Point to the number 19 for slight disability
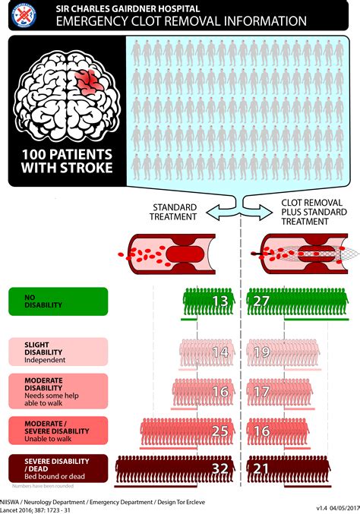click(261, 353)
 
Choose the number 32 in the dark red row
click(219, 469)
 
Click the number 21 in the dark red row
click(261, 469)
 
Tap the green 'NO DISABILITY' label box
click(56, 301)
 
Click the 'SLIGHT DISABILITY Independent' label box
click(56, 353)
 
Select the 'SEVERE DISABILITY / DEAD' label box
click(56, 468)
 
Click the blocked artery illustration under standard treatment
click(172, 253)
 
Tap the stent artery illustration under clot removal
click(299, 253)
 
